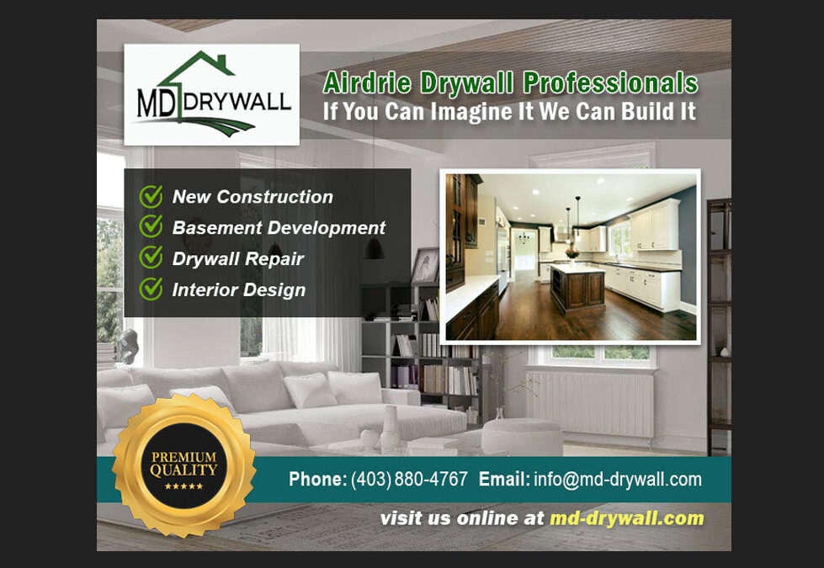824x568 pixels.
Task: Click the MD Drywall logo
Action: (x=212, y=94)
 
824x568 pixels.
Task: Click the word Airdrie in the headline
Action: (x=367, y=83)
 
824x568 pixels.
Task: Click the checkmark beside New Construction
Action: (x=151, y=196)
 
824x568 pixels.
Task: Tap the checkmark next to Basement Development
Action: (x=151, y=226)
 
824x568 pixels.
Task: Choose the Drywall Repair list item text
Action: (x=238, y=258)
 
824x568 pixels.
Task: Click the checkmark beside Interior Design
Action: (x=151, y=289)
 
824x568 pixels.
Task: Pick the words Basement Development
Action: (x=279, y=227)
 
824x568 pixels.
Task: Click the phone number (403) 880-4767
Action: (x=409, y=479)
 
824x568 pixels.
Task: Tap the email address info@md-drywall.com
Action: (x=618, y=479)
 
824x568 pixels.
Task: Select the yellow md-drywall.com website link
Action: (x=626, y=518)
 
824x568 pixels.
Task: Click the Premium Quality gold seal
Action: (x=184, y=465)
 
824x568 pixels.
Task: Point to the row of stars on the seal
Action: (x=183, y=486)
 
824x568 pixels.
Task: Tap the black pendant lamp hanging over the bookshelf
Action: (x=374, y=247)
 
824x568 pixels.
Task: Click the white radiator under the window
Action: (x=590, y=404)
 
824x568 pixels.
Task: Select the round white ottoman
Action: (x=522, y=436)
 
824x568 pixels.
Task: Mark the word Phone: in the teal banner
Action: (x=318, y=479)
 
